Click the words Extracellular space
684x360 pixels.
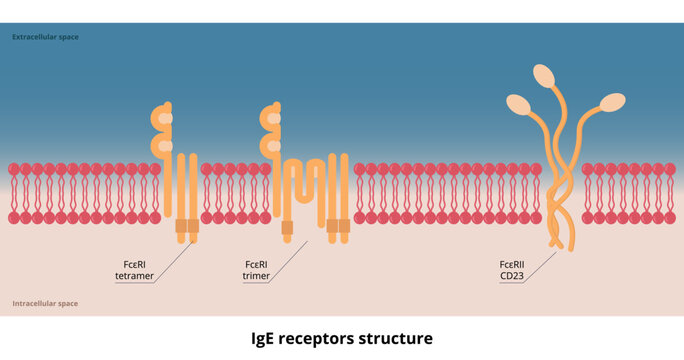[x=45, y=37]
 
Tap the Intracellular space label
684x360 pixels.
[x=45, y=302]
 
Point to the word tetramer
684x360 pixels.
[x=133, y=276]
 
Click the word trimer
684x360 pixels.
[x=257, y=276]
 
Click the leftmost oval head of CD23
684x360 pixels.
[x=518, y=103]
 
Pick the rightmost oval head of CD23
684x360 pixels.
[x=612, y=102]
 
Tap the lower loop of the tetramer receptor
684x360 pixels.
[x=160, y=146]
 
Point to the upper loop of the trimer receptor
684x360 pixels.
[x=269, y=120]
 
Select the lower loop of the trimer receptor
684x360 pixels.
[x=269, y=146]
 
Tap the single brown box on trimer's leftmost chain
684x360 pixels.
[x=288, y=228]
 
